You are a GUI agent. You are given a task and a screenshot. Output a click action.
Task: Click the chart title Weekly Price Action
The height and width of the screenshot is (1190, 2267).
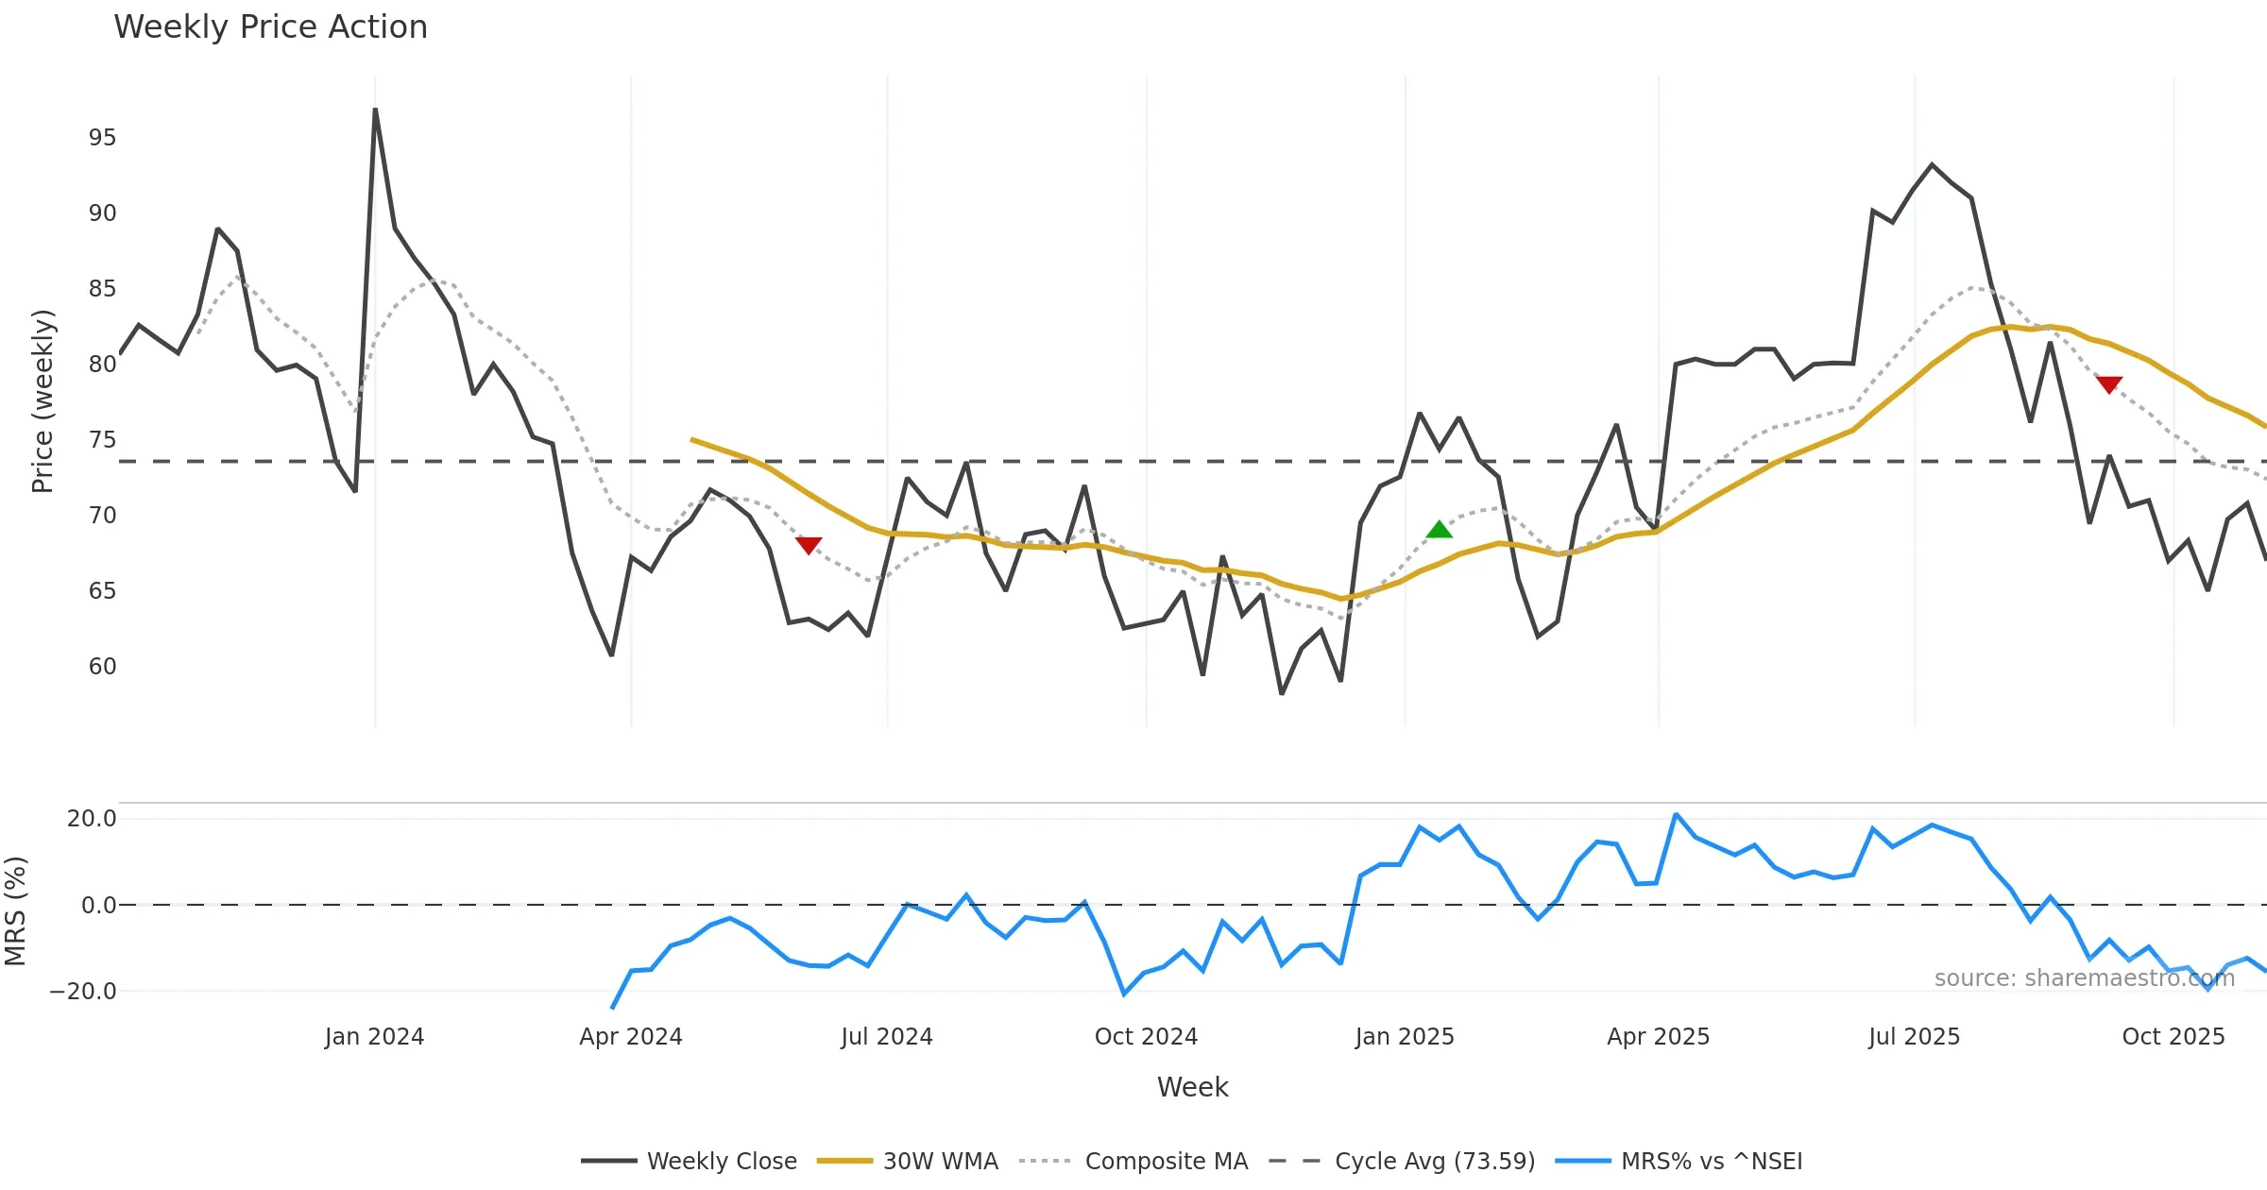click(270, 27)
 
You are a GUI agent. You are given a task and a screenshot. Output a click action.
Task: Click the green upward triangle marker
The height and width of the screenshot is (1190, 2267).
click(1439, 530)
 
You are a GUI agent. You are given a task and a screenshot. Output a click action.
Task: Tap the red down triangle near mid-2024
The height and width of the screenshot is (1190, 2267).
click(809, 546)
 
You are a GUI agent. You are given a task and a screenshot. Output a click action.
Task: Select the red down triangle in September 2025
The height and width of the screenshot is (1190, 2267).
click(2109, 384)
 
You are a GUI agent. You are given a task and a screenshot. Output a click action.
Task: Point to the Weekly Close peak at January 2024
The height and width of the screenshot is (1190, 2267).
click(375, 110)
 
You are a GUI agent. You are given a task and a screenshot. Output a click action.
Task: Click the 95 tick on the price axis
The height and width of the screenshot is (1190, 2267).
click(102, 138)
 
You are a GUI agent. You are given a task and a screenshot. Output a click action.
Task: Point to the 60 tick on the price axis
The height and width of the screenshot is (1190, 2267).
click(102, 667)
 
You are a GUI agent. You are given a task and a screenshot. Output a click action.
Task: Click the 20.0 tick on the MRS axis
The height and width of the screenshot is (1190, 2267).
click(92, 819)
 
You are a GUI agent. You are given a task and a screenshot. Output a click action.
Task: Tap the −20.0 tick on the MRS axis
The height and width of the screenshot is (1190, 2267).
click(83, 992)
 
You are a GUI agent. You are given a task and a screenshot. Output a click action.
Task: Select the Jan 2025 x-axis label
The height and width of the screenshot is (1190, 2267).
click(1405, 1037)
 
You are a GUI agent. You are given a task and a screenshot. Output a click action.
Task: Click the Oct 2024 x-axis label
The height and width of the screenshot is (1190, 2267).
click(1146, 1037)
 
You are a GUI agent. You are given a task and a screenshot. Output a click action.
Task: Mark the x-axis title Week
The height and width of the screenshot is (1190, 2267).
click(1192, 1087)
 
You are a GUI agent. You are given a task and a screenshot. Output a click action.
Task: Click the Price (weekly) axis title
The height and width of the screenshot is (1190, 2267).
click(43, 401)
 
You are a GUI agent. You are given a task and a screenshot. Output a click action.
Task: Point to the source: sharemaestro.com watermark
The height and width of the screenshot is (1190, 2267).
click(2084, 978)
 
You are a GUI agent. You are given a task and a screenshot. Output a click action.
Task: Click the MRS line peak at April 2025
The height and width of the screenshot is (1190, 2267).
click(1676, 814)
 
